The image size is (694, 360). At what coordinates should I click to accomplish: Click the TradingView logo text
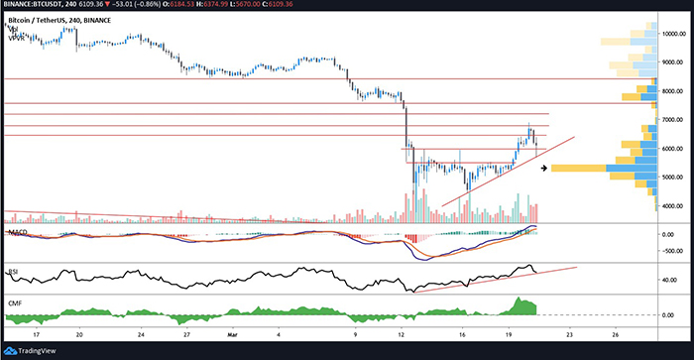(x=34, y=350)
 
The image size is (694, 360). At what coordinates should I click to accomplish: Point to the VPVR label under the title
(x=15, y=37)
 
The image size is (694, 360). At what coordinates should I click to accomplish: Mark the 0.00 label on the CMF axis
(x=678, y=315)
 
